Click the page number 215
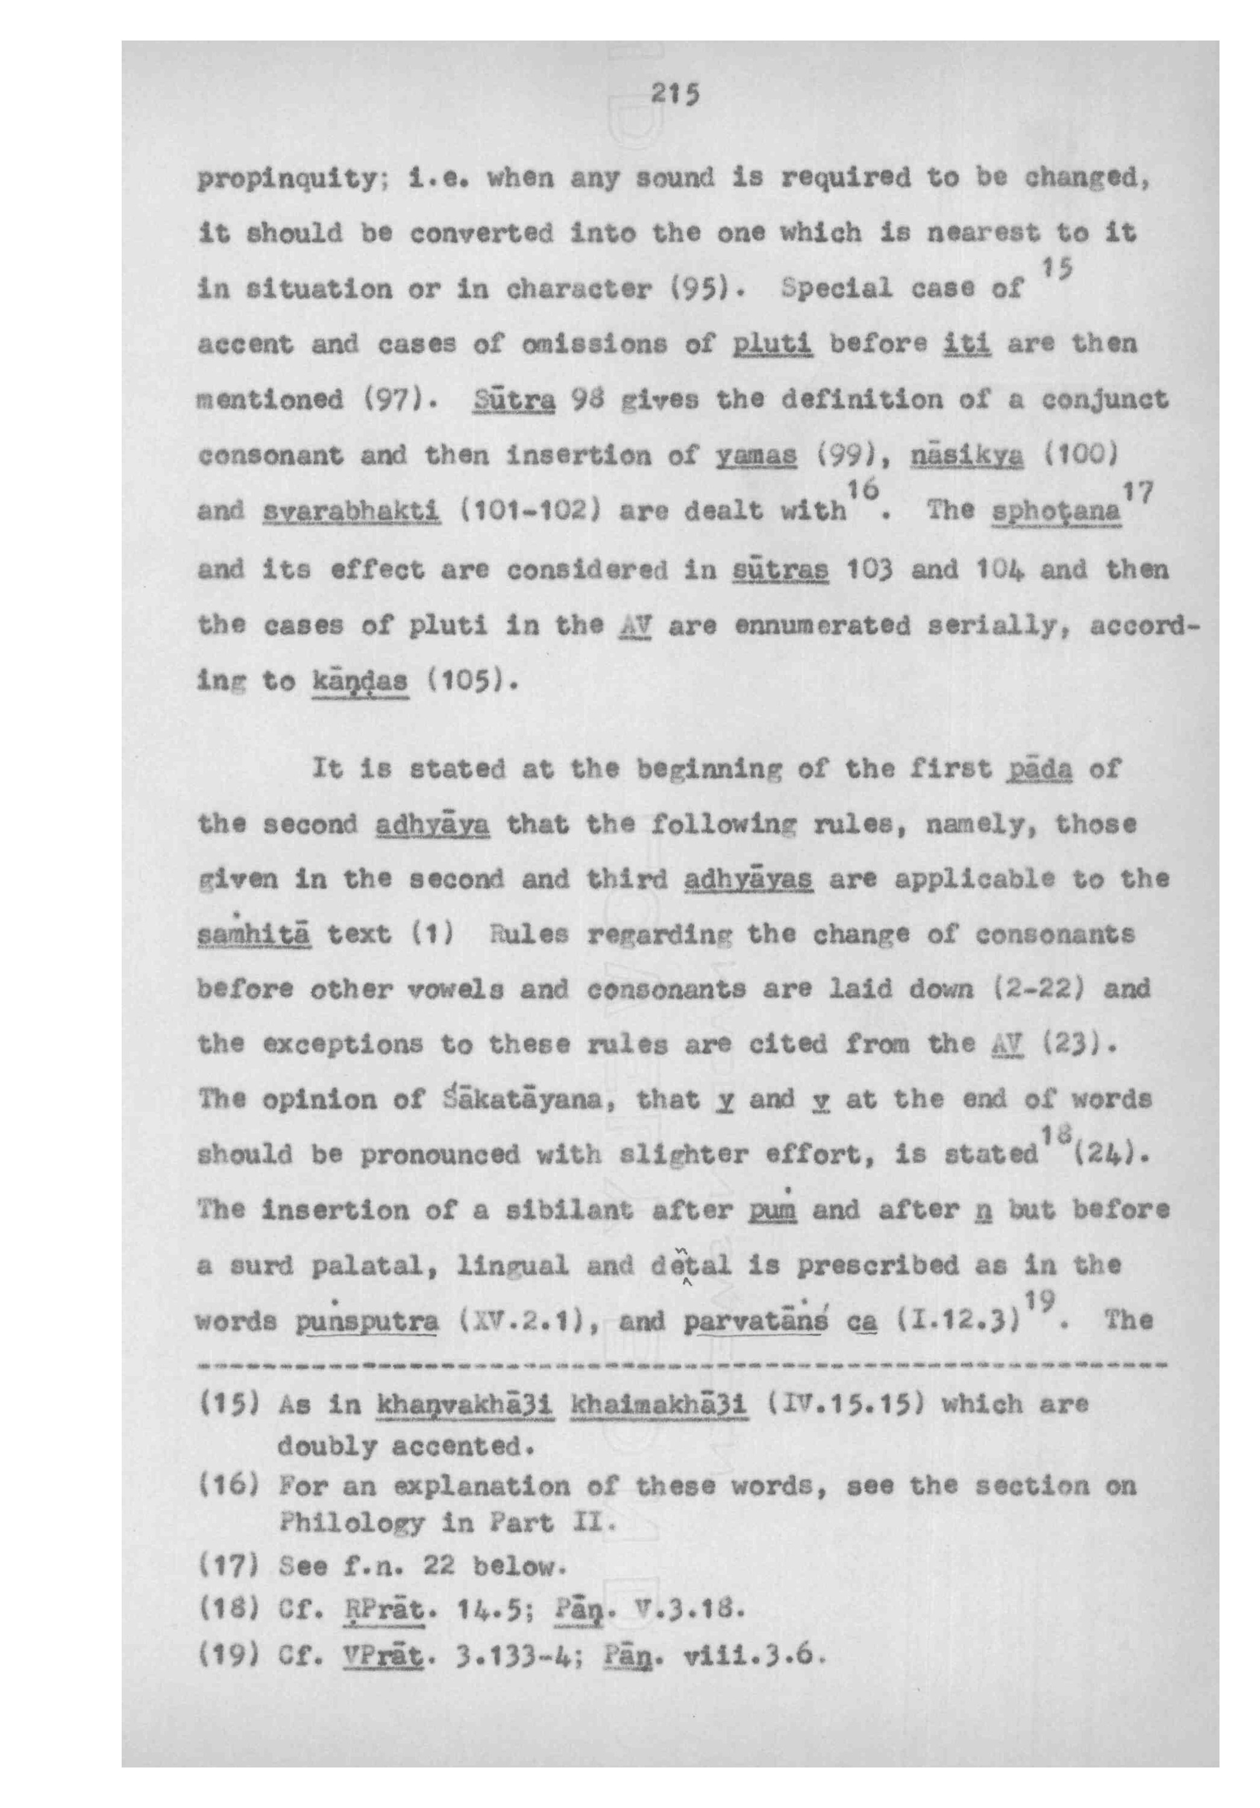(675, 95)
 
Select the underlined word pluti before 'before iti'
(772, 344)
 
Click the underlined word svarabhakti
(351, 512)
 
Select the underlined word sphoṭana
(1055, 512)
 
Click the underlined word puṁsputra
(367, 1320)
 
